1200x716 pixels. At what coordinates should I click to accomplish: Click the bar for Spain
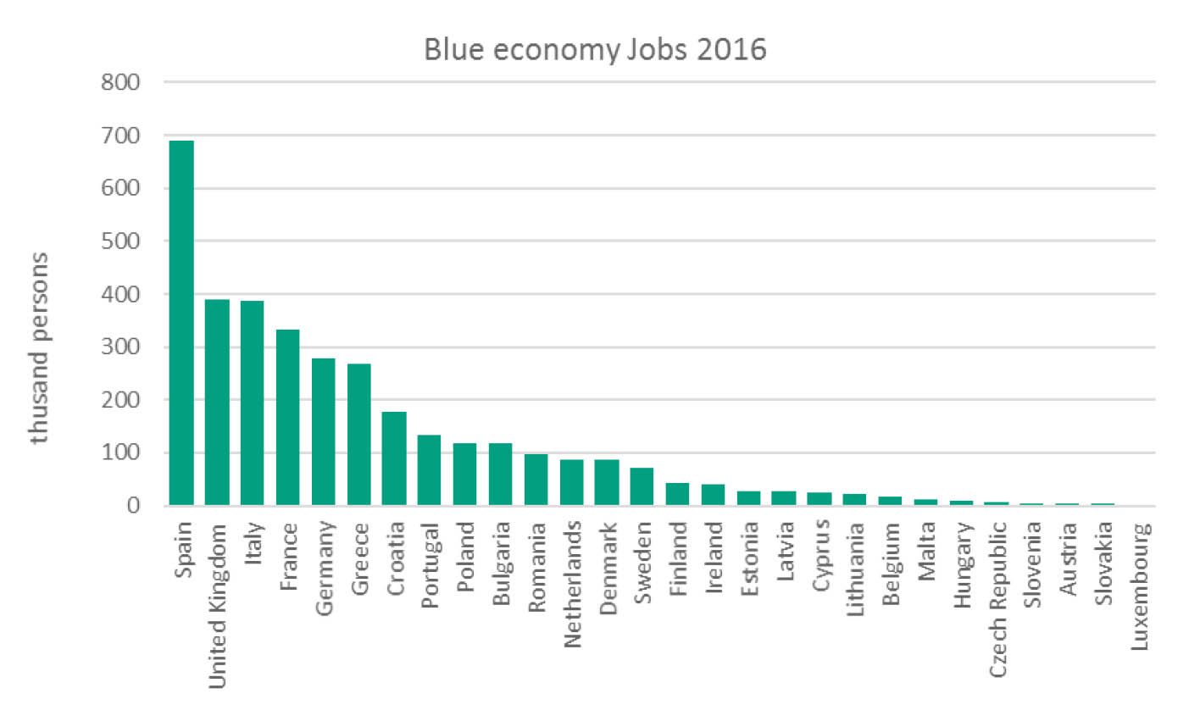[x=181, y=323]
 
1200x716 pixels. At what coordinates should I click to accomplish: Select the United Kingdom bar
[x=217, y=402]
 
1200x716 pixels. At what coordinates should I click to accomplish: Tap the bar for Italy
[x=253, y=403]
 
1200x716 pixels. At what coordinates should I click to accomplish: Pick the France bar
[x=288, y=418]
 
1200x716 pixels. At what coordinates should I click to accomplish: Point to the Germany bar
[x=324, y=432]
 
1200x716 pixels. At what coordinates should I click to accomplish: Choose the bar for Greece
[x=359, y=435]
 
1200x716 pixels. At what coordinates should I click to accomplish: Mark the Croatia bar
[x=394, y=458]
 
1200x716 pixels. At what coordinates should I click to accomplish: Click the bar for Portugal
[x=430, y=470]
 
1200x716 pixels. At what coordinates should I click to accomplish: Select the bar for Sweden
[x=642, y=486]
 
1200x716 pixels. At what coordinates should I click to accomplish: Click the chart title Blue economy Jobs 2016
[x=595, y=49]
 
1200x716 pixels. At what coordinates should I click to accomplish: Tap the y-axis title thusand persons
[x=39, y=347]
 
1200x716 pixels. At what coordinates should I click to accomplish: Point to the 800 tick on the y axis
[x=119, y=82]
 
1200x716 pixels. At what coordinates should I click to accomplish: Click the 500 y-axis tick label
[x=119, y=241]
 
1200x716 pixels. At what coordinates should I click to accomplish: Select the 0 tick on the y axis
[x=133, y=506]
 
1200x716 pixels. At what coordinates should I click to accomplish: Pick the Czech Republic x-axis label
[x=998, y=599]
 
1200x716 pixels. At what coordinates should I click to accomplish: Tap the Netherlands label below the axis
[x=573, y=584]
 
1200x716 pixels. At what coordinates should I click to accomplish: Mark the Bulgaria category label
[x=502, y=563]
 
